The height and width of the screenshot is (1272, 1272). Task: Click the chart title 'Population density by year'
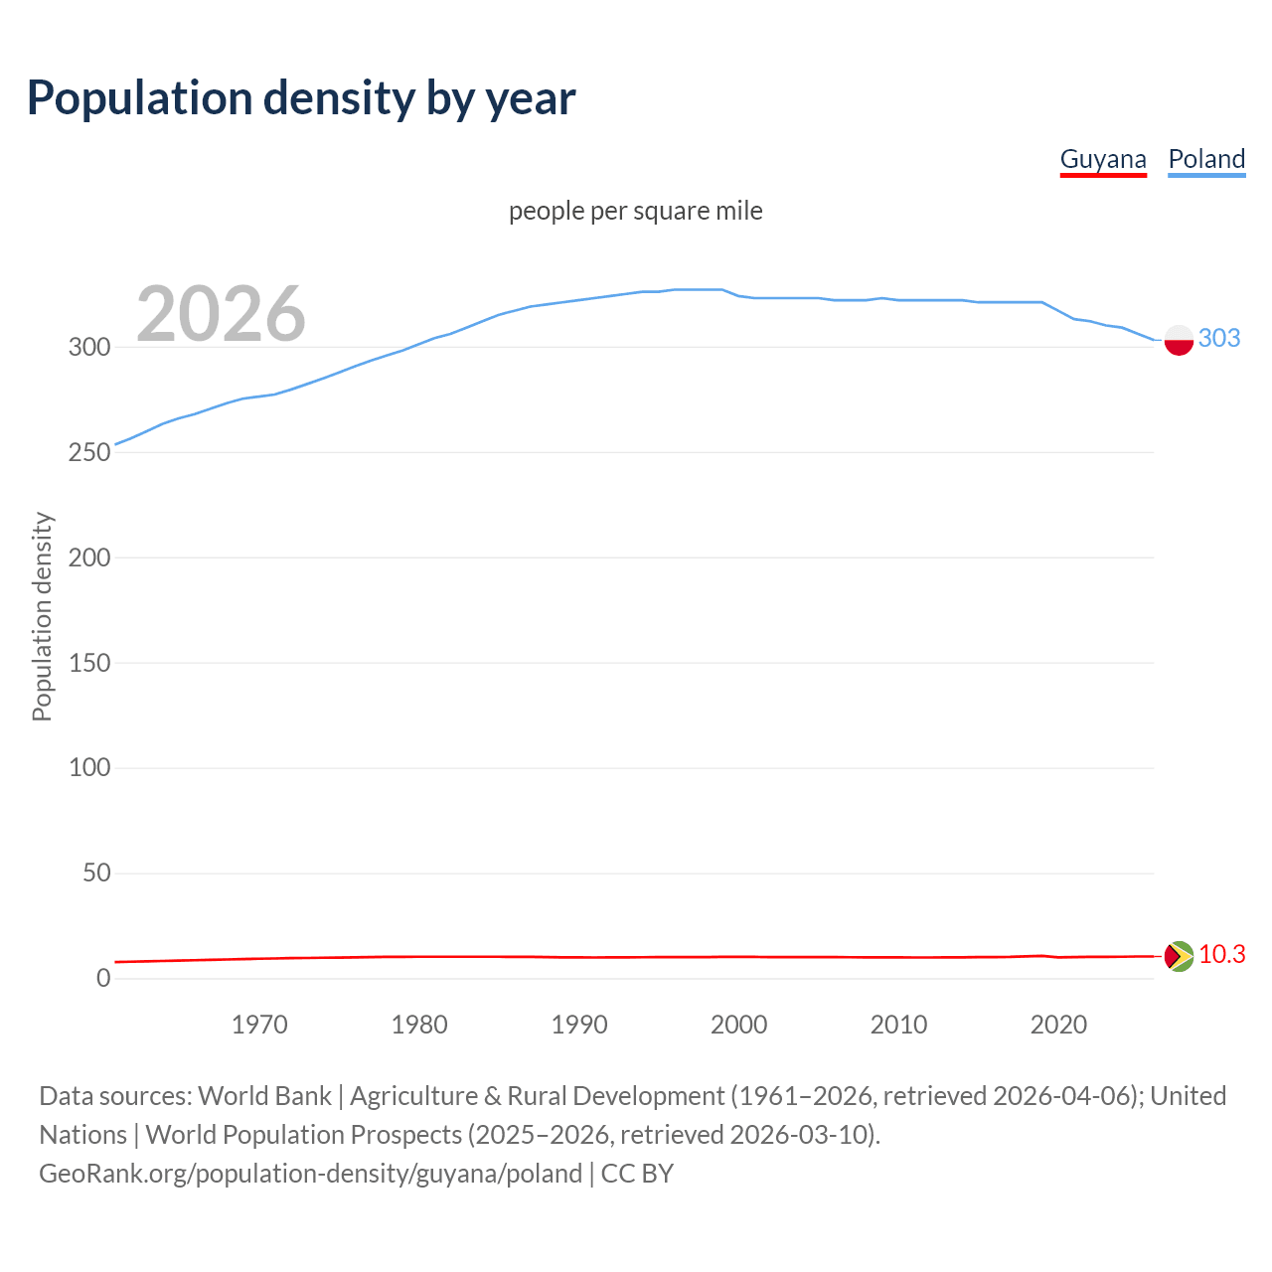pos(301,98)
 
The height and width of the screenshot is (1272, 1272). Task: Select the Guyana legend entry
pos(1103,159)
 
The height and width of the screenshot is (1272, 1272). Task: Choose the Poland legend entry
pos(1206,159)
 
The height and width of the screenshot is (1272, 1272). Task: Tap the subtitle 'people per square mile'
pos(636,211)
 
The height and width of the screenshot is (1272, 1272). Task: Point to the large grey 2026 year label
pos(221,314)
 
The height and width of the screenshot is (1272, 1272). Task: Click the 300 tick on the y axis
pos(89,347)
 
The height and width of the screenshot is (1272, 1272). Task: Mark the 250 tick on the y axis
pos(89,452)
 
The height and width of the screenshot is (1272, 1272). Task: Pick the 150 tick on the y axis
pos(89,663)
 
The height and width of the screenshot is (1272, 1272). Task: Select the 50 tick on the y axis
pos(96,874)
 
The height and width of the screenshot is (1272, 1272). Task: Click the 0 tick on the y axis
pos(103,978)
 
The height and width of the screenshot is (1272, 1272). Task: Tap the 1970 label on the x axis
pos(259,1025)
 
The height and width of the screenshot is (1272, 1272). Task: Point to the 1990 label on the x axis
pos(579,1025)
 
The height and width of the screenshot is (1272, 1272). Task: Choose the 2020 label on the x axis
pos(1058,1025)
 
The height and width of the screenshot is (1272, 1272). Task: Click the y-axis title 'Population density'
pos(42,616)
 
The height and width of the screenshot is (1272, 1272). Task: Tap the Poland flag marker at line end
pos(1179,339)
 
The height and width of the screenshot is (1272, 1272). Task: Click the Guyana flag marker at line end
pos(1179,956)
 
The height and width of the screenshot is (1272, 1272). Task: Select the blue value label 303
pos(1219,338)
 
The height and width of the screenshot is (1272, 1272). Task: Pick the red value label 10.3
pos(1221,954)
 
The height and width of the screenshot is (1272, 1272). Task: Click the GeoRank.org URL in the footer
pos(310,1174)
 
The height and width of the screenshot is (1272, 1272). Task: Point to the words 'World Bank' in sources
pos(264,1096)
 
